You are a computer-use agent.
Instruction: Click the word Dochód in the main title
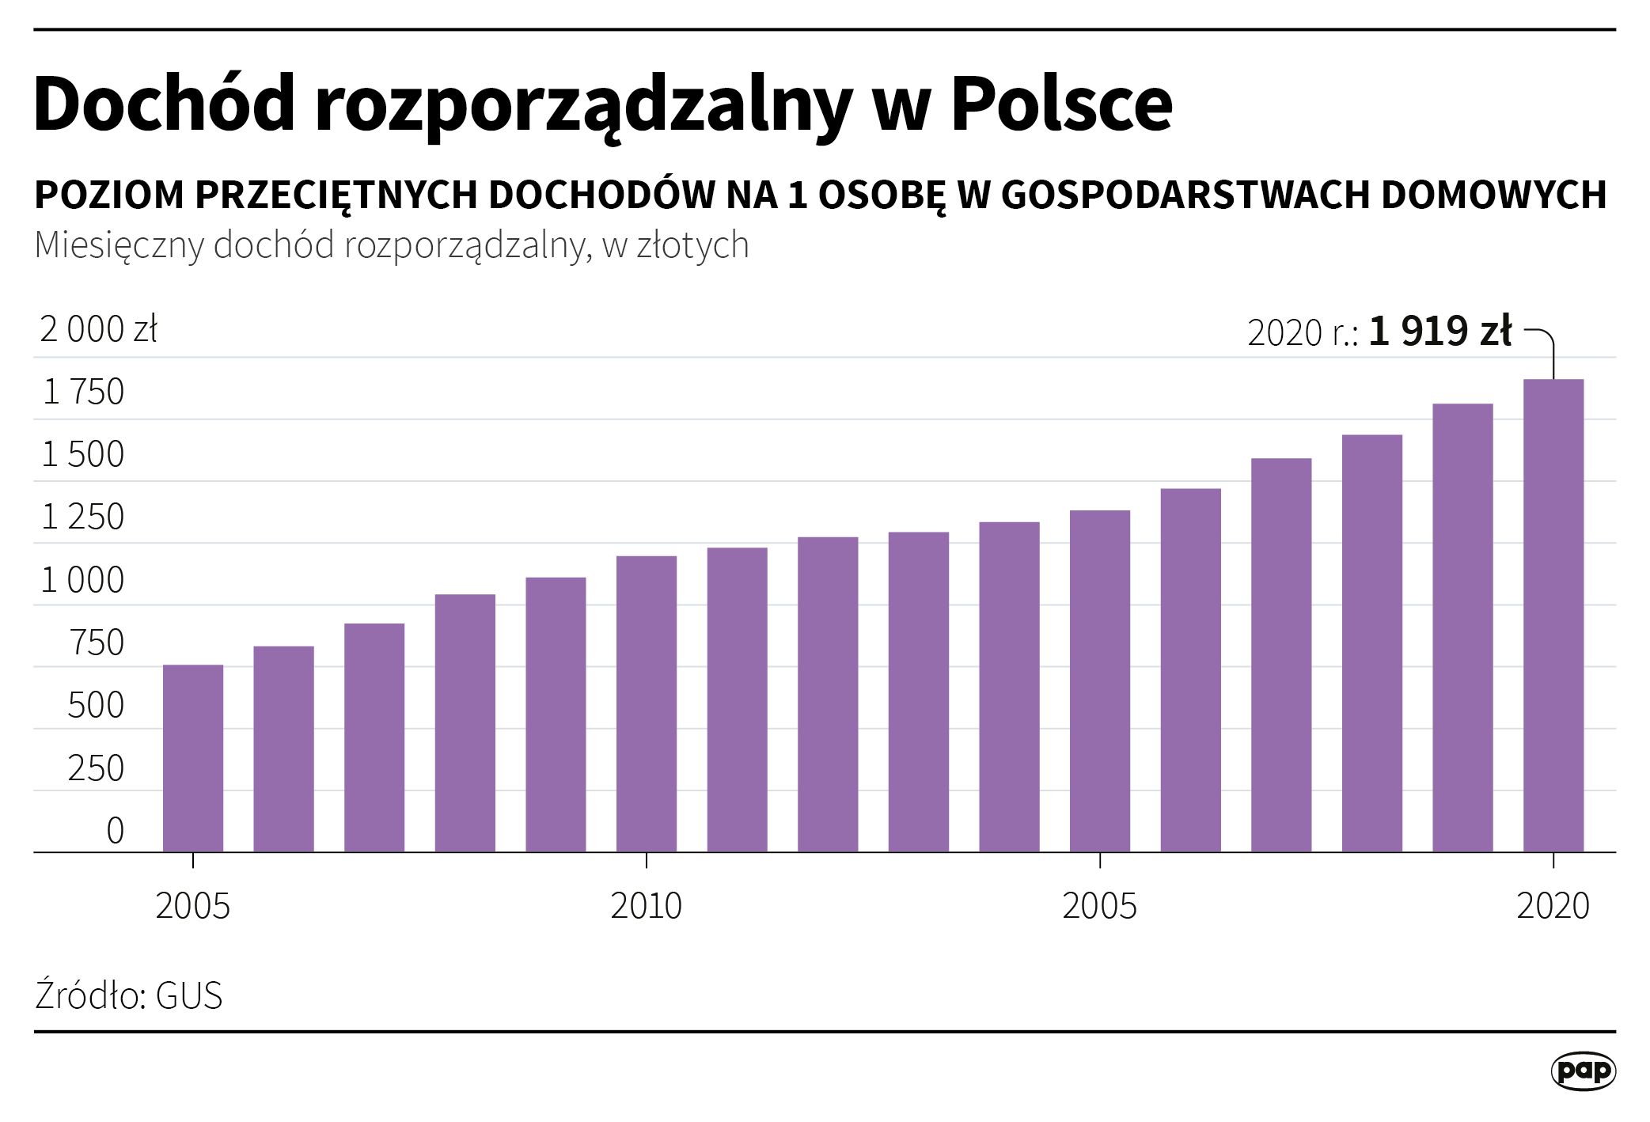(165, 104)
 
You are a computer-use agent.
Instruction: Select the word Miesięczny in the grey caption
(119, 246)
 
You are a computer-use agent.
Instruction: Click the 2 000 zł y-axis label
(98, 329)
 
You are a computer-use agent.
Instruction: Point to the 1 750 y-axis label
(83, 392)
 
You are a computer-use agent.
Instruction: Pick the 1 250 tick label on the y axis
(83, 517)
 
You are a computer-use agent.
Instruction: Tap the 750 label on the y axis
(97, 642)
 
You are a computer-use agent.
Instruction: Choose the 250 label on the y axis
(96, 768)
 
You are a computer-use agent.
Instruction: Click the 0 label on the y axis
(115, 831)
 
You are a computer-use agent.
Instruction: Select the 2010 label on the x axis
(646, 906)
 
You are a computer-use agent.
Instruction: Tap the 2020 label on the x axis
(1553, 906)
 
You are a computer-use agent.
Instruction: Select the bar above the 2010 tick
(647, 704)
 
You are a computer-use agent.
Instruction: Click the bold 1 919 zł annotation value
(1439, 331)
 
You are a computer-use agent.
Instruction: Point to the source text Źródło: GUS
(129, 995)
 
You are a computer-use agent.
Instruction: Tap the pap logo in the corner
(1583, 1071)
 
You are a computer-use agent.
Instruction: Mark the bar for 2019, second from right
(1462, 628)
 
